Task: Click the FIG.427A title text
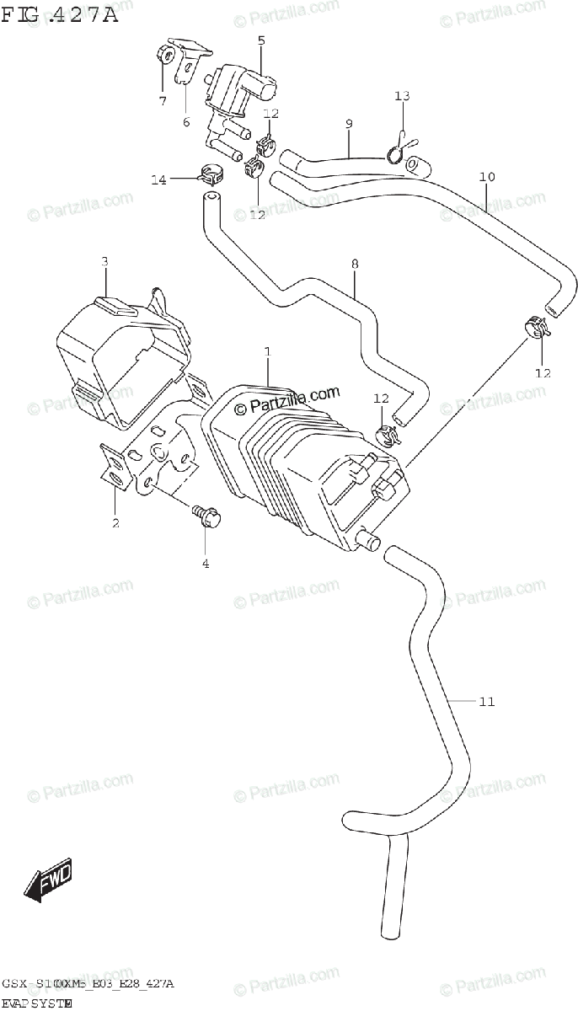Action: click(60, 14)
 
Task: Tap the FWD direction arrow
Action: click(49, 880)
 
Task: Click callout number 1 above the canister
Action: click(267, 350)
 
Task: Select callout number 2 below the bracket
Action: click(115, 522)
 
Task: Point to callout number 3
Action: click(104, 262)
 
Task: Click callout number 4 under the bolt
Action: click(205, 563)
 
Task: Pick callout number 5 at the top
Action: click(260, 40)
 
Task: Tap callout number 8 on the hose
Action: click(355, 264)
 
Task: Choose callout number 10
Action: click(487, 177)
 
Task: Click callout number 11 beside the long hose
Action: click(486, 701)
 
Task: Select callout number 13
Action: click(402, 96)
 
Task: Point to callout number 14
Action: click(158, 179)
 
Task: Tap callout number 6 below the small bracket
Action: click(186, 122)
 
